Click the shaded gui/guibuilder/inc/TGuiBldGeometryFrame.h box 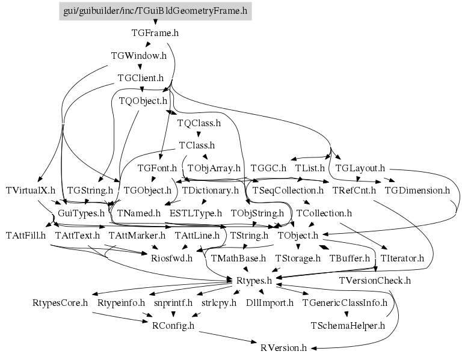point(155,11)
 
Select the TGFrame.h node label point(155,33)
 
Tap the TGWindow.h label point(139,56)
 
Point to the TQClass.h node point(199,123)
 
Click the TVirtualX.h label point(31,191)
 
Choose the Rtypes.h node point(254,281)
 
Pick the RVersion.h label point(284,348)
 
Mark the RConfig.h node point(173,326)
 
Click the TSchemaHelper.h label point(348,326)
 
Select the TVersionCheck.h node point(375,281)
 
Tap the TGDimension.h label point(417,191)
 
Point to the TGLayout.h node point(360,168)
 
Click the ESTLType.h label point(196,213)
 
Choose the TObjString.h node point(257,213)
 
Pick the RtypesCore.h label point(60,303)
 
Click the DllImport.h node point(270,303)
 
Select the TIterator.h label point(402,258)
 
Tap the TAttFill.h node point(26,236)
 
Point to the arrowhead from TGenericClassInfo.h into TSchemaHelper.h point(346,314)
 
